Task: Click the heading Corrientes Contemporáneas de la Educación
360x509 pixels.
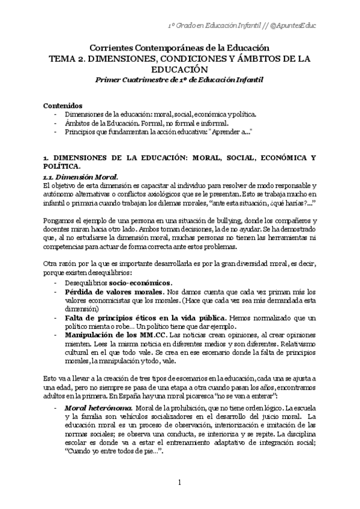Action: [179, 47]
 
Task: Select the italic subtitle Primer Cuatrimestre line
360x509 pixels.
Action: [179, 79]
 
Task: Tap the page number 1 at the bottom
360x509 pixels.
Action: [179, 482]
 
